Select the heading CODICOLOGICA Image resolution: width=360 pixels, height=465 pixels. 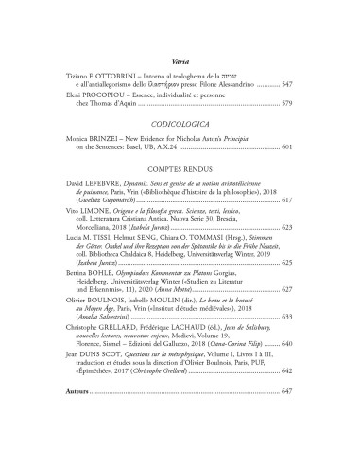point(180,123)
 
